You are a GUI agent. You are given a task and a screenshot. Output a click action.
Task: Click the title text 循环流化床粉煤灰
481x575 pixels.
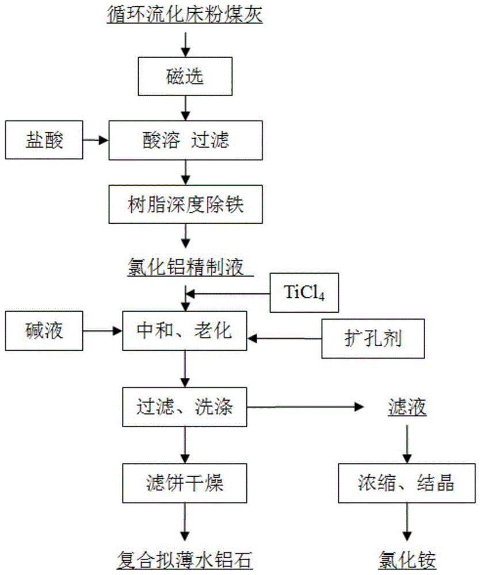(185, 14)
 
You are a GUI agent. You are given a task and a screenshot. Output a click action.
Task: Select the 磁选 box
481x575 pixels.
(185, 77)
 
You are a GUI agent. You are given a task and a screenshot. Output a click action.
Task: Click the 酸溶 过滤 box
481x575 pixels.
(185, 139)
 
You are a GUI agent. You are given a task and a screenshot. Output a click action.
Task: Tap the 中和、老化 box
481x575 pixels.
(185, 331)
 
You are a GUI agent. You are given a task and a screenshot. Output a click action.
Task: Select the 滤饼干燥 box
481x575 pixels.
(185, 483)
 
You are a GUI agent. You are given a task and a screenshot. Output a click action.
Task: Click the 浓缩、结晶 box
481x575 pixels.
(406, 483)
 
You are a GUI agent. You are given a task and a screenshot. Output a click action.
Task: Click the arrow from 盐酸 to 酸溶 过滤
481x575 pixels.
(94, 139)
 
